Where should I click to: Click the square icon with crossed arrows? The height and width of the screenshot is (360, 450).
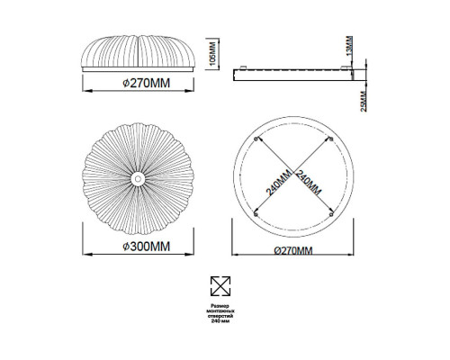click(220, 286)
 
